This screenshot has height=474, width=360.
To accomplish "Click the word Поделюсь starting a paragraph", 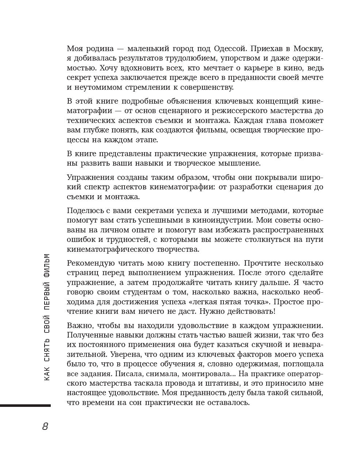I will (84, 211).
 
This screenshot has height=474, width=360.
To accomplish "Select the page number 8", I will (45, 426).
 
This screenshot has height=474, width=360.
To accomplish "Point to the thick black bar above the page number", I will (25, 405).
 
